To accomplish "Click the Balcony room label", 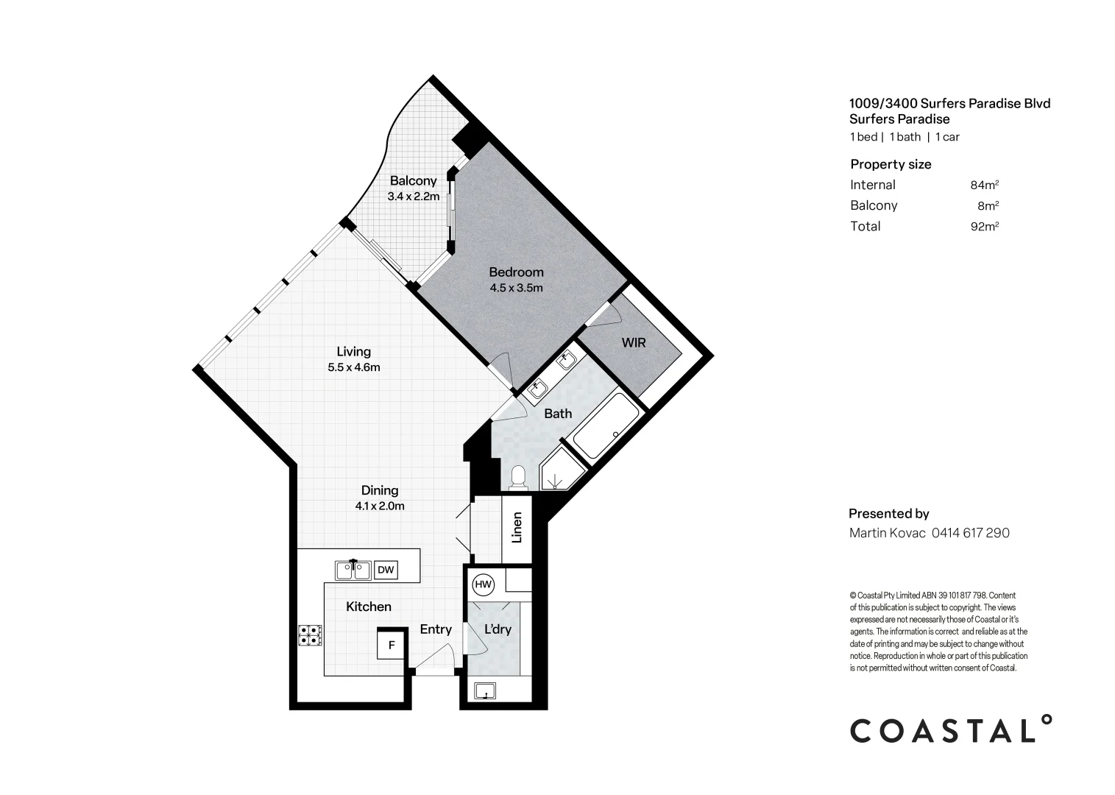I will pos(413,181).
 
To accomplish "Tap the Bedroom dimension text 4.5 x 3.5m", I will pos(516,288).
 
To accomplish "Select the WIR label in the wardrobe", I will pos(633,342).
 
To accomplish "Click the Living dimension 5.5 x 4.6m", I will pos(353,367).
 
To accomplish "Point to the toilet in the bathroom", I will pos(518,478).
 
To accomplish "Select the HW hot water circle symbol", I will pos(483,584).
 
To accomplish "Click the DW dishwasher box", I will pos(386,570).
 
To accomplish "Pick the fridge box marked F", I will pos(392,646).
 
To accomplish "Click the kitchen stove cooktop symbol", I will pos(310,635).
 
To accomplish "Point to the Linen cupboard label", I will pos(517,527).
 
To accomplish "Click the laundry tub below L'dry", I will pos(485,691).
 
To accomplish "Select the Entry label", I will pos(435,629).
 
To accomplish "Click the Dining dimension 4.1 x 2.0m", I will pos(379,506).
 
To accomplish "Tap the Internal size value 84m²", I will pos(984,185).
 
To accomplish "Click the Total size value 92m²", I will pos(984,227).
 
